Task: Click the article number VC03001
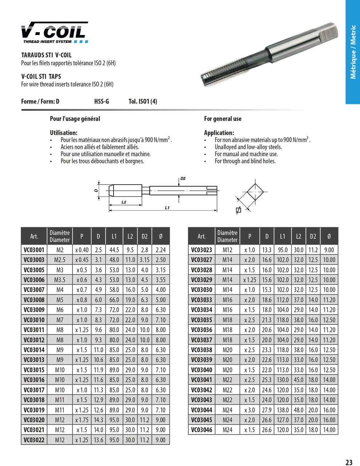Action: point(34,250)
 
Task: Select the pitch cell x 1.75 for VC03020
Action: point(82,420)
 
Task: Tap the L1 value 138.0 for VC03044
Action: point(282,410)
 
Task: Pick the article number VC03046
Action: point(201,430)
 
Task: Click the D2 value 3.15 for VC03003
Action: point(145,260)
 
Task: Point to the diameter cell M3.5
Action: point(60,280)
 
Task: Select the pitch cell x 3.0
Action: point(249,410)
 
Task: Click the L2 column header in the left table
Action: point(130,236)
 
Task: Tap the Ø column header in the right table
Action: point(329,236)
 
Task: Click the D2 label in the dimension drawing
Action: point(183,178)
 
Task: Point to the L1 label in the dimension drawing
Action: point(167,208)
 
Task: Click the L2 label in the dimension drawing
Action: point(124,202)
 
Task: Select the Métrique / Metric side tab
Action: point(353,52)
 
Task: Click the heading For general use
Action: point(222,119)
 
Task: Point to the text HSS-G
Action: point(102,102)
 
